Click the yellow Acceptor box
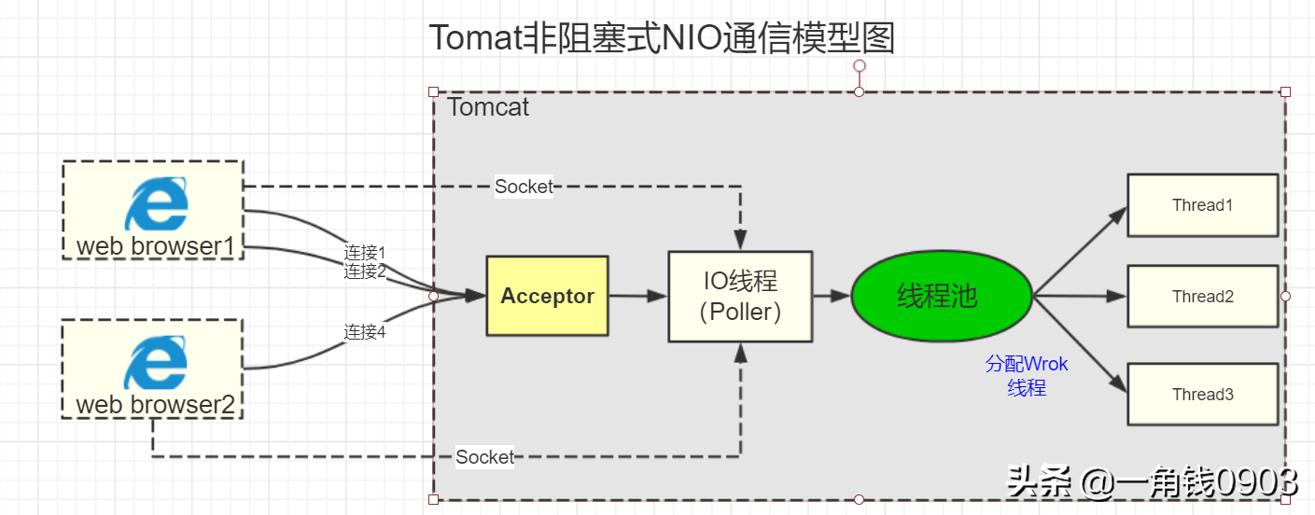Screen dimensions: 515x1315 coord(547,296)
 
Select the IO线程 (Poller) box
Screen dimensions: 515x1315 coord(740,296)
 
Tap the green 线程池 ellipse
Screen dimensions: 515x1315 coord(941,296)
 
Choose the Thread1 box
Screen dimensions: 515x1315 coord(1202,205)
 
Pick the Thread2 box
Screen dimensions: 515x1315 coord(1202,297)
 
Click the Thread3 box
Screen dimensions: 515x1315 coord(1202,395)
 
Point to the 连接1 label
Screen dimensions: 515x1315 coord(365,253)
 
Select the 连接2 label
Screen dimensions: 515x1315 coord(365,271)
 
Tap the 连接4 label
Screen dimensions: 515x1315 coord(365,331)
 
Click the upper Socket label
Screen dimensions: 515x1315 coord(524,187)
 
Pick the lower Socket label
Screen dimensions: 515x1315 coord(484,457)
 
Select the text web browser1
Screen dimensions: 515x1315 coord(154,246)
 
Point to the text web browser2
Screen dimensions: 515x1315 coord(154,405)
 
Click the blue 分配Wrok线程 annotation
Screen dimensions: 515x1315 coord(1027,376)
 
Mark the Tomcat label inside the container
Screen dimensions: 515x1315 coord(488,107)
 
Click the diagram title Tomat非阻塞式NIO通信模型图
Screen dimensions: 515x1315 coord(662,38)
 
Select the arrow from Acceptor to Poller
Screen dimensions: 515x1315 coord(637,296)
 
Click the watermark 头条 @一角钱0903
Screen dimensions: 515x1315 coord(1152,482)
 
